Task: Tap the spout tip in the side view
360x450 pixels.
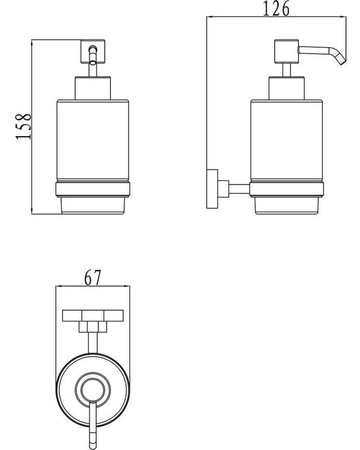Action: coord(341,59)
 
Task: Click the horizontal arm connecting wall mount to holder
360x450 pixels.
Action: coord(238,187)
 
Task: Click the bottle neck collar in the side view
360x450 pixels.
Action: coord(287,88)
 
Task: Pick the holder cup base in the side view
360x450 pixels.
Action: coord(287,205)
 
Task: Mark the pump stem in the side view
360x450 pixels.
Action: coord(284,69)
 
